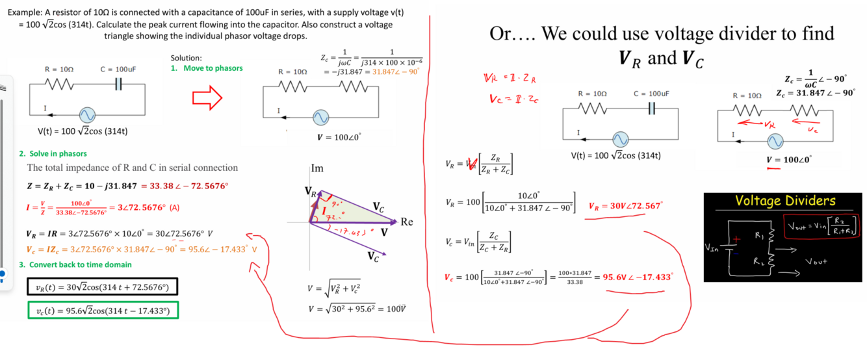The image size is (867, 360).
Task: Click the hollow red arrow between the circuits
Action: (x=207, y=99)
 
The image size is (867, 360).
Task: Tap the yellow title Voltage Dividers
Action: (x=785, y=201)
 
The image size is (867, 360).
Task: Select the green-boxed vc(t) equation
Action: (x=103, y=311)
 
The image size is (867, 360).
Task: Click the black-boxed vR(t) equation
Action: (x=103, y=287)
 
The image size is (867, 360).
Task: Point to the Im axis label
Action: (x=317, y=168)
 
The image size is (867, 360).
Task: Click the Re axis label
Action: (x=407, y=222)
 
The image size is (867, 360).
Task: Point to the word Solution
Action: (x=186, y=58)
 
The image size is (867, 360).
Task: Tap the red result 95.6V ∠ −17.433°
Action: (x=638, y=277)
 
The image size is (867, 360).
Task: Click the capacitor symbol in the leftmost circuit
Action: (x=118, y=84)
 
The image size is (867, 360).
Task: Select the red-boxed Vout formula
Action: (x=822, y=225)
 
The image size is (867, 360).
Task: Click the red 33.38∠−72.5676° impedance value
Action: (x=188, y=186)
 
